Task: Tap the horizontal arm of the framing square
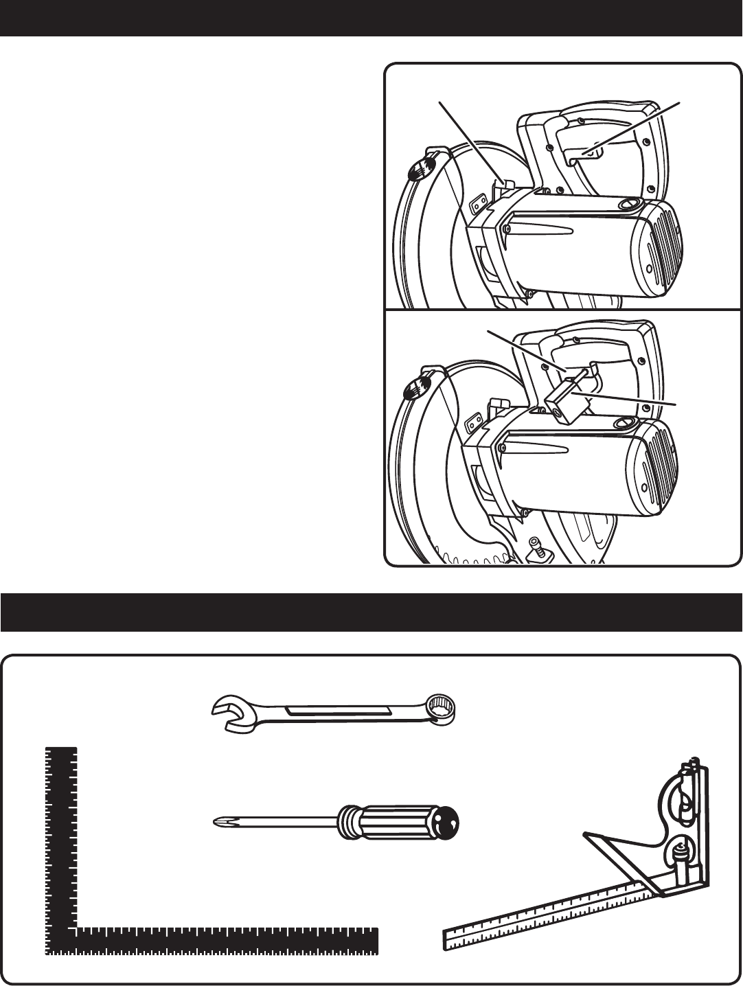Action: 227,941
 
